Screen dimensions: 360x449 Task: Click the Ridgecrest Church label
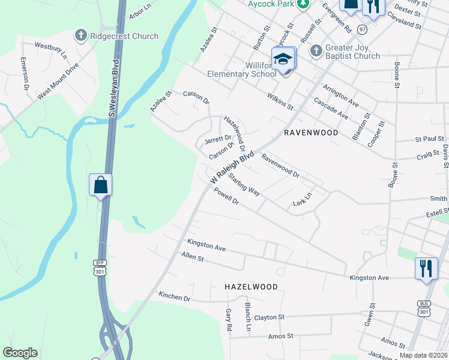point(124,36)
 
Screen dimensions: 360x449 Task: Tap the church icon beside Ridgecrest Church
point(80,36)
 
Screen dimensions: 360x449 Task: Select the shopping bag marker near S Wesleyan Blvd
point(100,185)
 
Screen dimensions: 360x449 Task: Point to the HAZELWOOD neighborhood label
point(251,287)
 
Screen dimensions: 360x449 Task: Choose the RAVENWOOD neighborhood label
point(311,132)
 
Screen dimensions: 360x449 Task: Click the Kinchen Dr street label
point(174,296)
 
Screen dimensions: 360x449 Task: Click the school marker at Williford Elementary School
point(283,60)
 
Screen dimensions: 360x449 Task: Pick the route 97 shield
point(362,29)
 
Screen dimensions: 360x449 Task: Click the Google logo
point(20,353)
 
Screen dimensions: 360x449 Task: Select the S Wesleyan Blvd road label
point(111,84)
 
